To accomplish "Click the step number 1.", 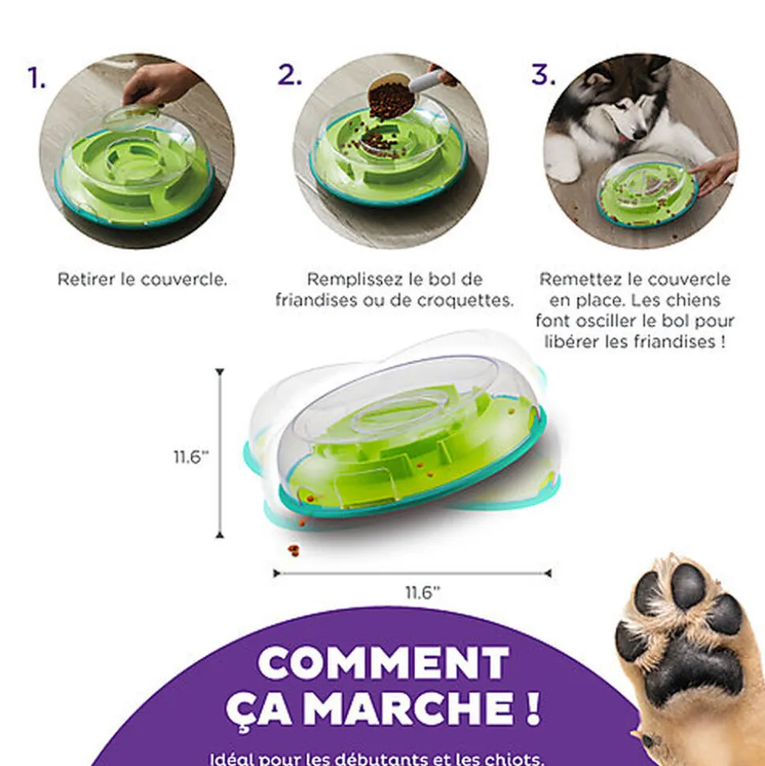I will click(36, 77).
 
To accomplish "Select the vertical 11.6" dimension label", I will click(192, 457).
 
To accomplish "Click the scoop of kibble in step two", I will click(392, 98).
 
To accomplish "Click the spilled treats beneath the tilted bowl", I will click(293, 549).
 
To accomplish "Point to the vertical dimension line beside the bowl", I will click(219, 454).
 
